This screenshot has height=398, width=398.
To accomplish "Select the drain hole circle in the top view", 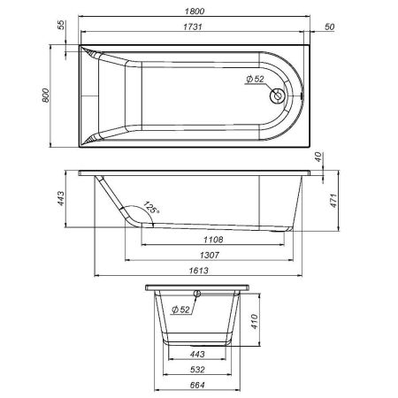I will coord(281,96).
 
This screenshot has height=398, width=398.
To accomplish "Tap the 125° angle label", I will coord(151,209).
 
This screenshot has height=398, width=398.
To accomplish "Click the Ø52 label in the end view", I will coord(180,310).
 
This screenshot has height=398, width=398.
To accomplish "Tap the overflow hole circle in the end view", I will coord(196,295).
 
